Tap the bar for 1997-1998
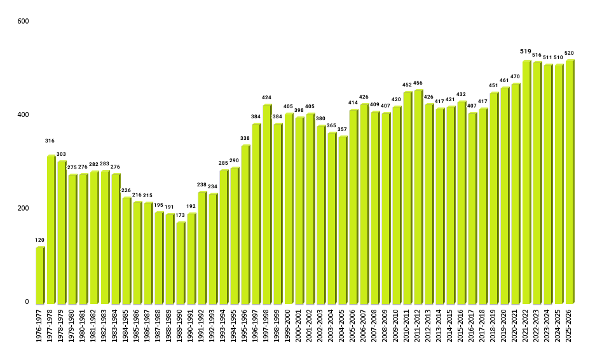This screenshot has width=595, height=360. pyautogui.click(x=266, y=204)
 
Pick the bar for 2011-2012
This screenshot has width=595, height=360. pyautogui.click(x=418, y=197)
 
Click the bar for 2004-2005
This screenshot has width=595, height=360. pyautogui.click(x=342, y=220)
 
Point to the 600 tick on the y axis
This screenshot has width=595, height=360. pyautogui.click(x=24, y=22)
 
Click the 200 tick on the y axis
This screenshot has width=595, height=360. pyautogui.click(x=24, y=209)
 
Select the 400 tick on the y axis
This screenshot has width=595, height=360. pyautogui.click(x=24, y=115)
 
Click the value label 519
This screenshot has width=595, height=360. pyautogui.click(x=526, y=52)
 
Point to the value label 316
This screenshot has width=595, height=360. pyautogui.click(x=50, y=141)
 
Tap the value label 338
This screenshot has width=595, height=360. pyautogui.click(x=245, y=138)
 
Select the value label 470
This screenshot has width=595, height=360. pyautogui.click(x=516, y=76)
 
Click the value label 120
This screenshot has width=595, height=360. pyautogui.click(x=39, y=240)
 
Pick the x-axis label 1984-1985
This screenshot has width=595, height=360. pyautogui.click(x=126, y=325)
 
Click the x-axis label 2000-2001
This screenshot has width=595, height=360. pyautogui.click(x=299, y=325)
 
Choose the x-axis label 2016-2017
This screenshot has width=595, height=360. pyautogui.click(x=472, y=325)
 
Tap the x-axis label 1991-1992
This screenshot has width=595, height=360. pyautogui.click(x=202, y=325)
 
